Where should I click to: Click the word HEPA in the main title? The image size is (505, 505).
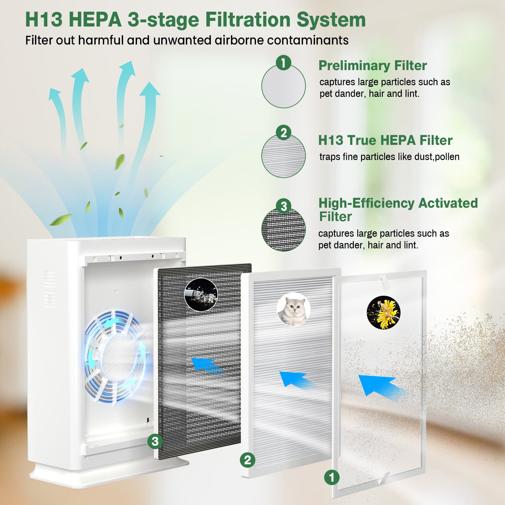pyautogui.click(x=95, y=20)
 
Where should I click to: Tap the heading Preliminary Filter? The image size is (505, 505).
pyautogui.click(x=372, y=65)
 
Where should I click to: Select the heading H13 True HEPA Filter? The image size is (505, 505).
pyautogui.click(x=385, y=140)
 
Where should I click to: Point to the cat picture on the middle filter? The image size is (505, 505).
pyautogui.click(x=293, y=309)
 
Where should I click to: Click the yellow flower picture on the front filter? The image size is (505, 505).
pyautogui.click(x=383, y=312)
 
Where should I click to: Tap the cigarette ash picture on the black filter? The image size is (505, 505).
pyautogui.click(x=201, y=294)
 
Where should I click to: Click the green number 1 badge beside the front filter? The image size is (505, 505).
pyautogui.click(x=332, y=478)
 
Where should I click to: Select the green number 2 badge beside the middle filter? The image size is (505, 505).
pyautogui.click(x=248, y=460)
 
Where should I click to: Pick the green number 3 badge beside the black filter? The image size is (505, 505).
pyautogui.click(x=155, y=441)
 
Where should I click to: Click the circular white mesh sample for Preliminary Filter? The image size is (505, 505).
pyautogui.click(x=283, y=86)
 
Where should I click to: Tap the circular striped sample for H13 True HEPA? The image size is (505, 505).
pyautogui.click(x=283, y=156)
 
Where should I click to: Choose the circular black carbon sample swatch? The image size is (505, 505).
pyautogui.click(x=283, y=229)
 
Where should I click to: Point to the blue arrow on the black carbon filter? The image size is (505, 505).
pyautogui.click(x=207, y=365)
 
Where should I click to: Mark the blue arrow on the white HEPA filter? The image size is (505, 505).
pyautogui.click(x=297, y=380)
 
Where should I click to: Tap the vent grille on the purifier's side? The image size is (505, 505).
pyautogui.click(x=50, y=289)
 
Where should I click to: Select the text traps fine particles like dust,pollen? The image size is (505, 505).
pyautogui.click(x=389, y=157)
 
